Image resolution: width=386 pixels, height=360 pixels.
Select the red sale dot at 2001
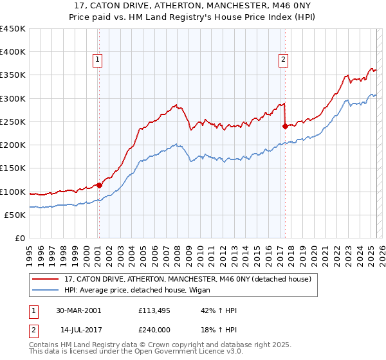coord(100,185)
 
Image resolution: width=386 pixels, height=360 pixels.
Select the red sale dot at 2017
coord(284,127)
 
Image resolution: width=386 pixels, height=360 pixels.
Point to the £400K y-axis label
coord(13,52)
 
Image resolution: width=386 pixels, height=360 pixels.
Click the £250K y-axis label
coord(13,122)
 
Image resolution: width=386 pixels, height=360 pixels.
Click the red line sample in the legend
coord(45,279)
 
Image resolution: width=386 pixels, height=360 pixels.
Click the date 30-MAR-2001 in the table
coord(78,310)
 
